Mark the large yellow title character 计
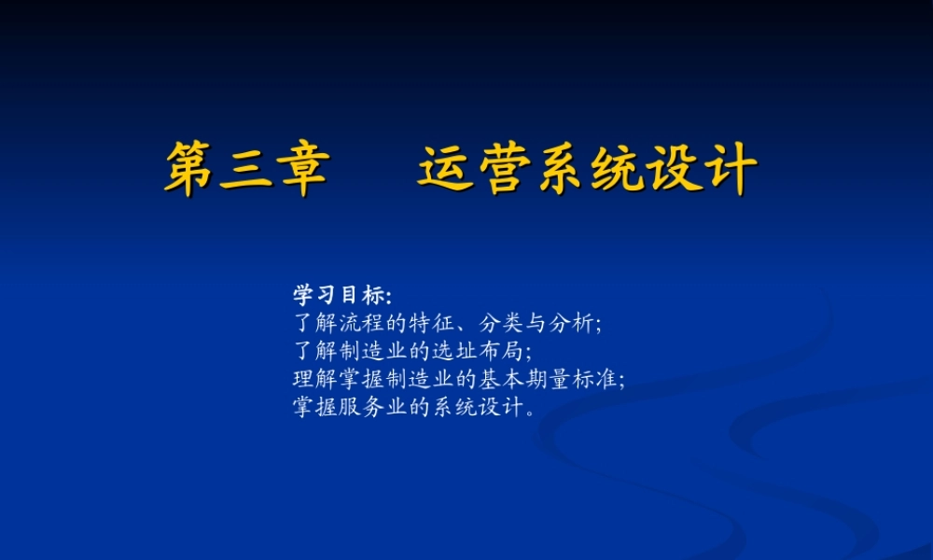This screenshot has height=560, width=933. [731, 169]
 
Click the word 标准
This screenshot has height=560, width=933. [596, 380]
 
